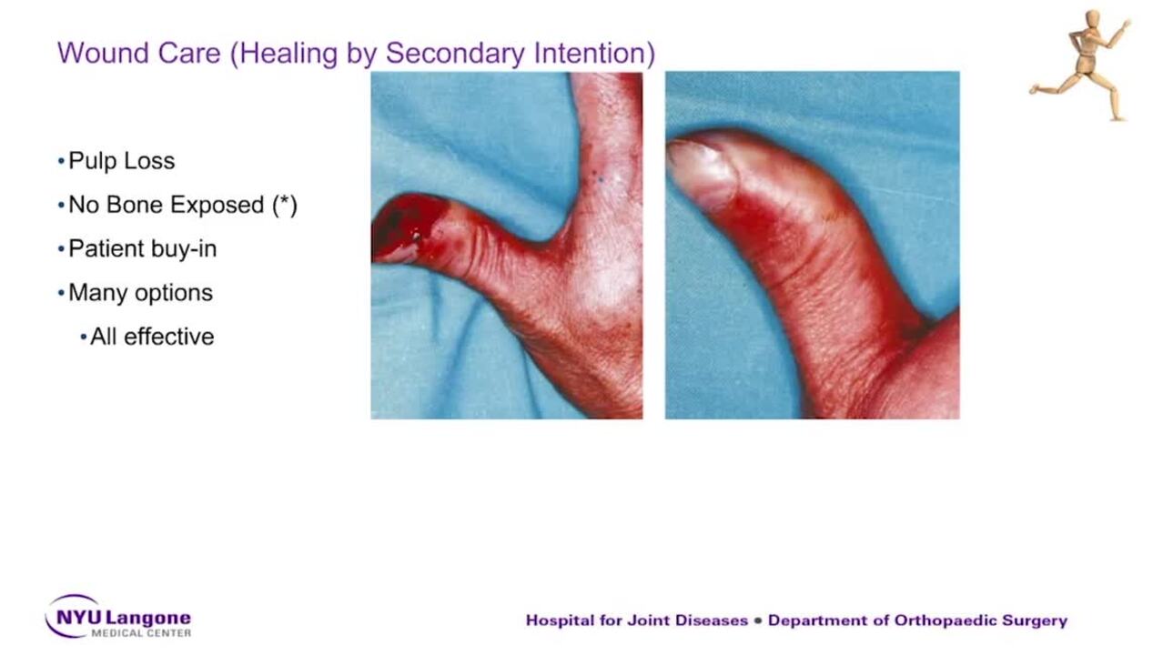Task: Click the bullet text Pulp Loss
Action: pyautogui.click(x=122, y=161)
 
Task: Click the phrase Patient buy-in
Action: pyautogui.click(x=142, y=248)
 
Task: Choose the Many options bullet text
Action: pyautogui.click(x=141, y=293)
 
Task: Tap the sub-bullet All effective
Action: pyautogui.click(x=152, y=337)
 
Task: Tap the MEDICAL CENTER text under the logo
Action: pyautogui.click(x=141, y=633)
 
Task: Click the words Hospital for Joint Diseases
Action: pyautogui.click(x=636, y=620)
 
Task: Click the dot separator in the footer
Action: pyautogui.click(x=758, y=620)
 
